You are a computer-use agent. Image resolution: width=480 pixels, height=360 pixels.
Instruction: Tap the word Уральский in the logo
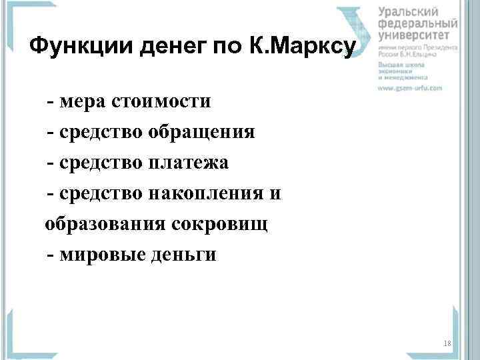coord(408,11)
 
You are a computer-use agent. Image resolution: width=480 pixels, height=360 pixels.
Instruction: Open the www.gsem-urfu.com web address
coord(410,88)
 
